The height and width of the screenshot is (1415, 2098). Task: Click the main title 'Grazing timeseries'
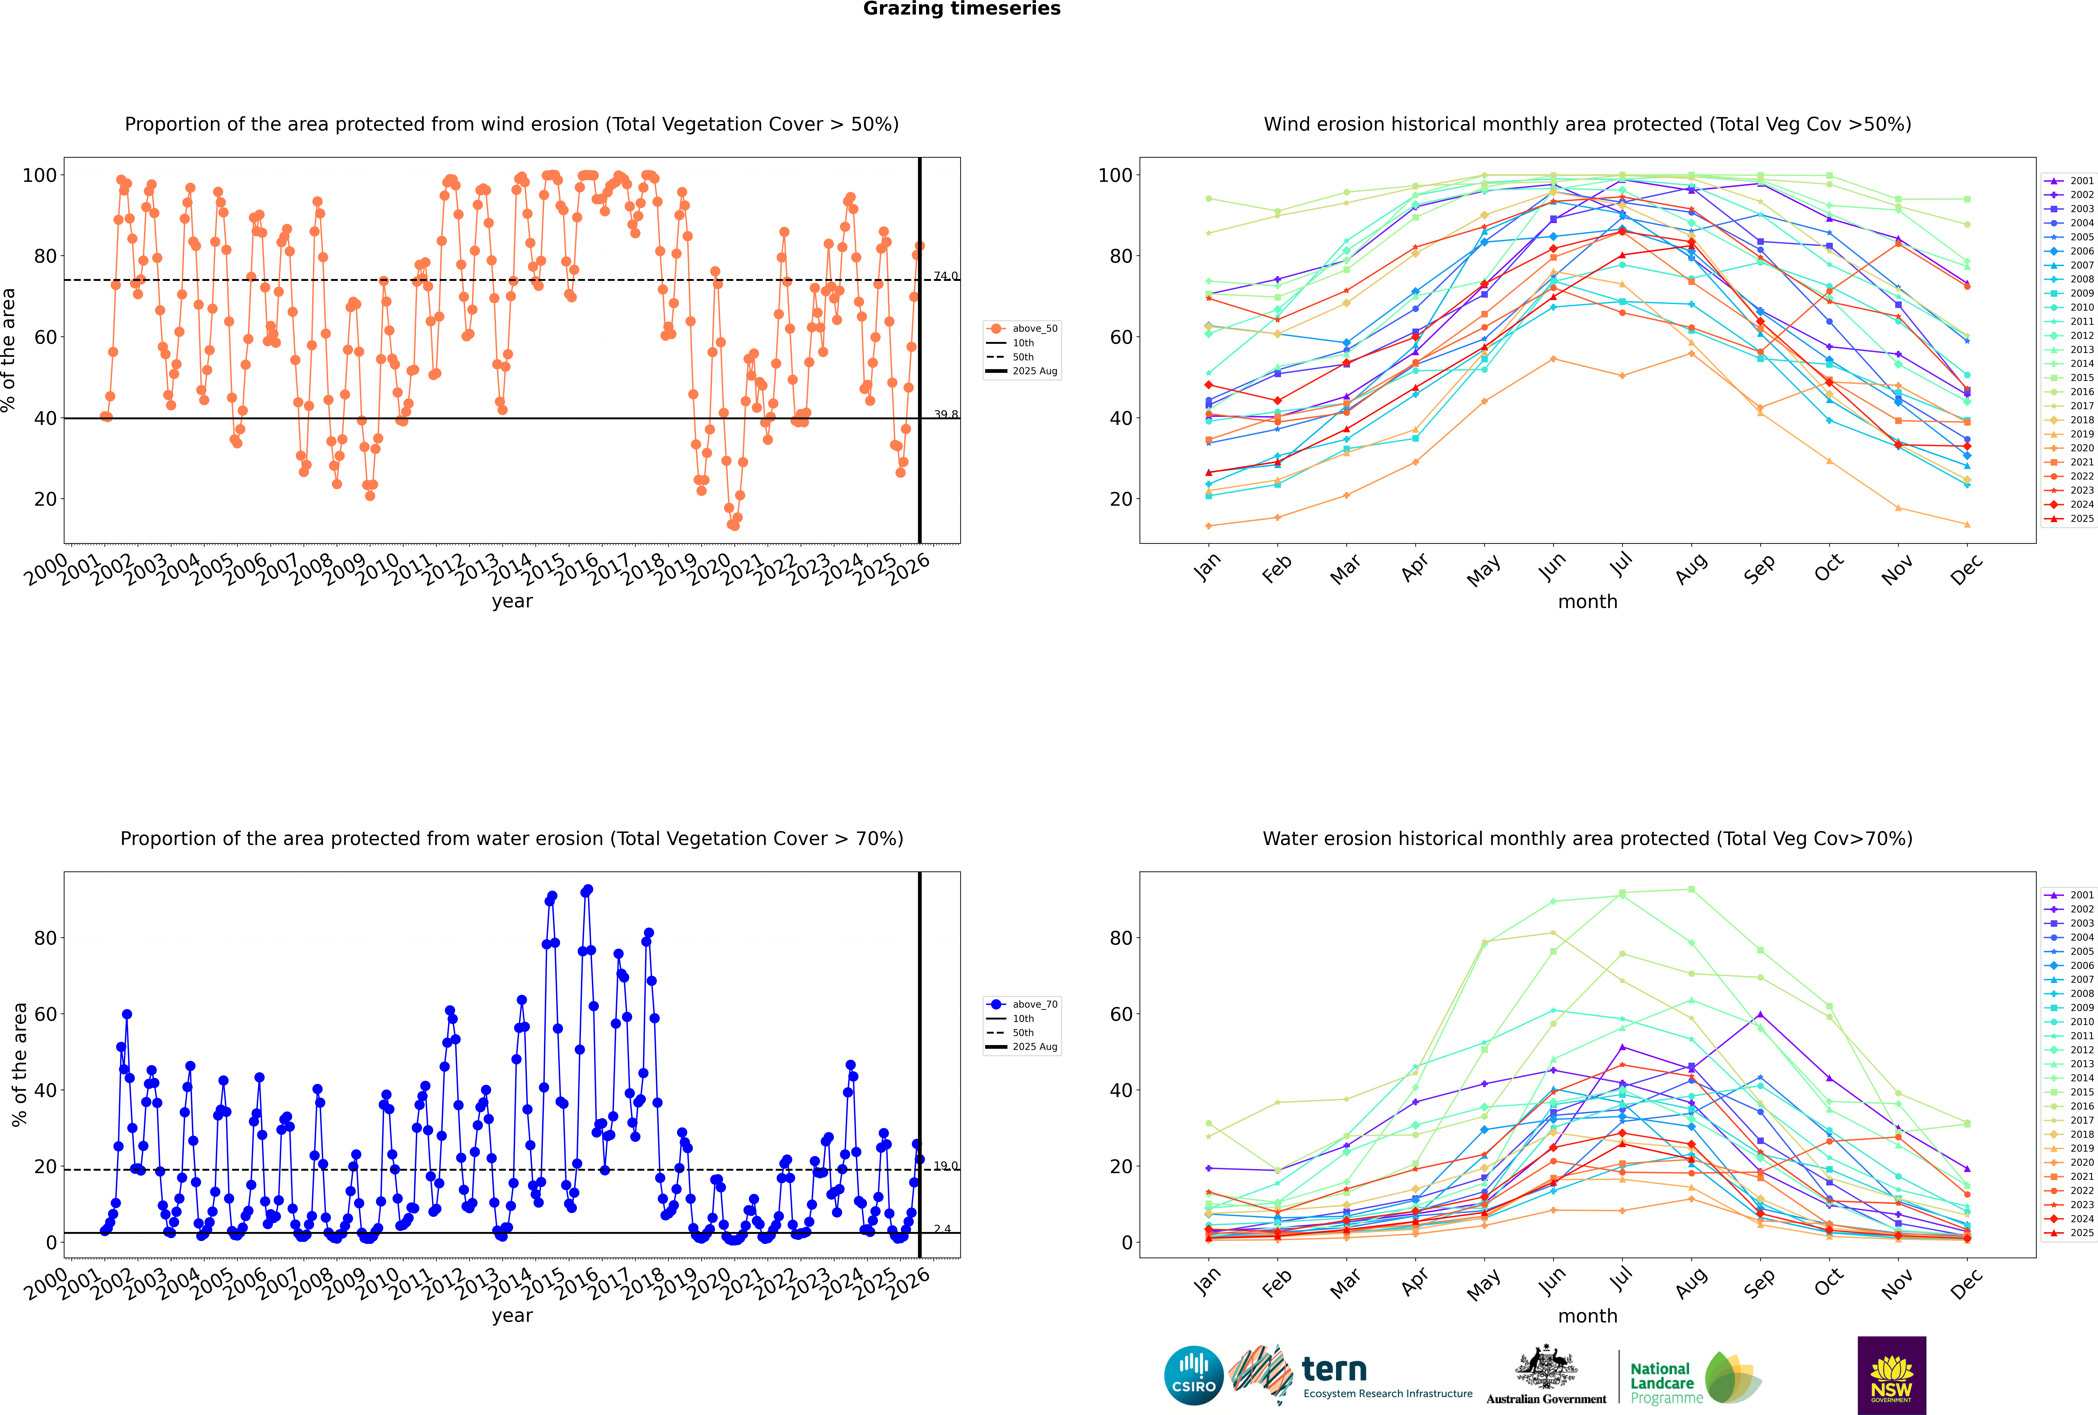(x=962, y=9)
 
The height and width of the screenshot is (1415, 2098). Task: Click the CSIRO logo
(x=1193, y=1375)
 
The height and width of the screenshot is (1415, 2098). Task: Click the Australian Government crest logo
(x=1546, y=1375)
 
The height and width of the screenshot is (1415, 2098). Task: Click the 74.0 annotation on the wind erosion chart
(x=945, y=276)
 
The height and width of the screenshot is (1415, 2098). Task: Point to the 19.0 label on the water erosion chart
(x=945, y=1166)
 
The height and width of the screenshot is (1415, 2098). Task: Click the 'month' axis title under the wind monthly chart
(x=1587, y=602)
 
